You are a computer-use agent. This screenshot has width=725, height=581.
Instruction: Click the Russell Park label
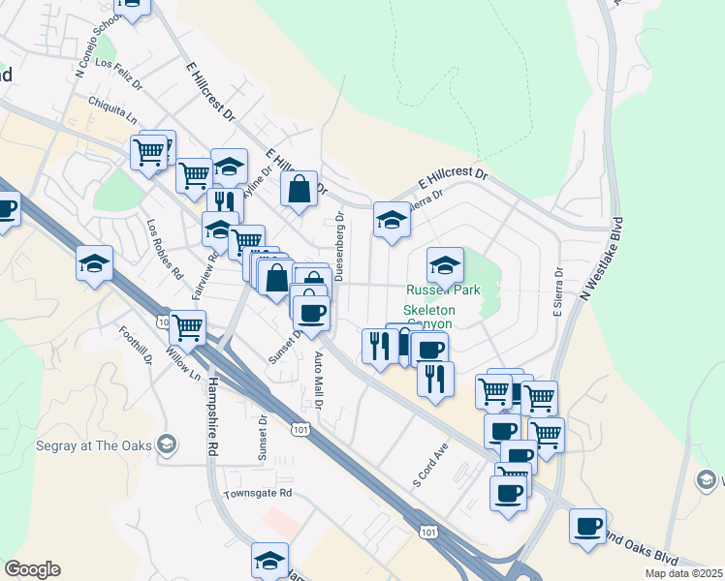[x=443, y=290]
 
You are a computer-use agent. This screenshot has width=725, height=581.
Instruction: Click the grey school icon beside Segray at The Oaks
[x=167, y=444]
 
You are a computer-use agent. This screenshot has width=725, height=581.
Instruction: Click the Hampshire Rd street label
[x=211, y=415]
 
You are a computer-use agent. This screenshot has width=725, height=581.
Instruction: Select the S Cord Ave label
[x=431, y=465]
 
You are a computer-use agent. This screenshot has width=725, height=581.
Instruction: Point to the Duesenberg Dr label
[x=339, y=247]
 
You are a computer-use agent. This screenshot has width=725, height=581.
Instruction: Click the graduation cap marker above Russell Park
[x=445, y=265]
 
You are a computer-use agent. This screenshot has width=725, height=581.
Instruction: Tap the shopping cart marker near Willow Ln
[x=187, y=327]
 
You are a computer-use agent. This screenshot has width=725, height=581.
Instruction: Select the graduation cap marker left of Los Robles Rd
[x=95, y=263]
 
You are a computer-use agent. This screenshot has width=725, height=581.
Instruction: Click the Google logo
[x=31, y=569]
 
